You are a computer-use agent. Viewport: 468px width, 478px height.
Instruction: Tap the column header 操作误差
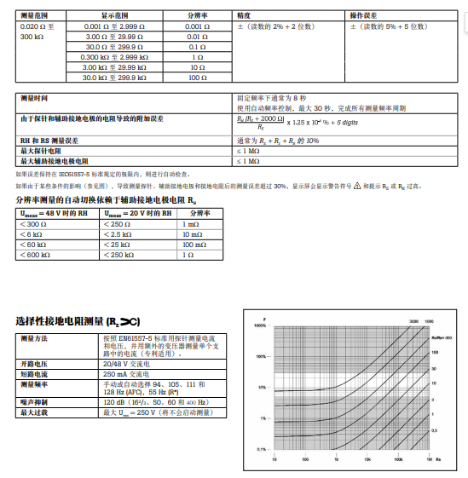point(367,16)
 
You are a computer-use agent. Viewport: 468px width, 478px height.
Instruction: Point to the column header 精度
point(244,16)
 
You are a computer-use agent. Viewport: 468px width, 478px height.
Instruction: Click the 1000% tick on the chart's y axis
point(261,325)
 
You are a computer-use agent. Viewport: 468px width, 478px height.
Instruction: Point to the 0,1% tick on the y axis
point(263,449)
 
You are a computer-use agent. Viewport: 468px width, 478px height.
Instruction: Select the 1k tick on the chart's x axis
point(337,458)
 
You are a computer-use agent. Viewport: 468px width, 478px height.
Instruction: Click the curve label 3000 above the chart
point(413,320)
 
